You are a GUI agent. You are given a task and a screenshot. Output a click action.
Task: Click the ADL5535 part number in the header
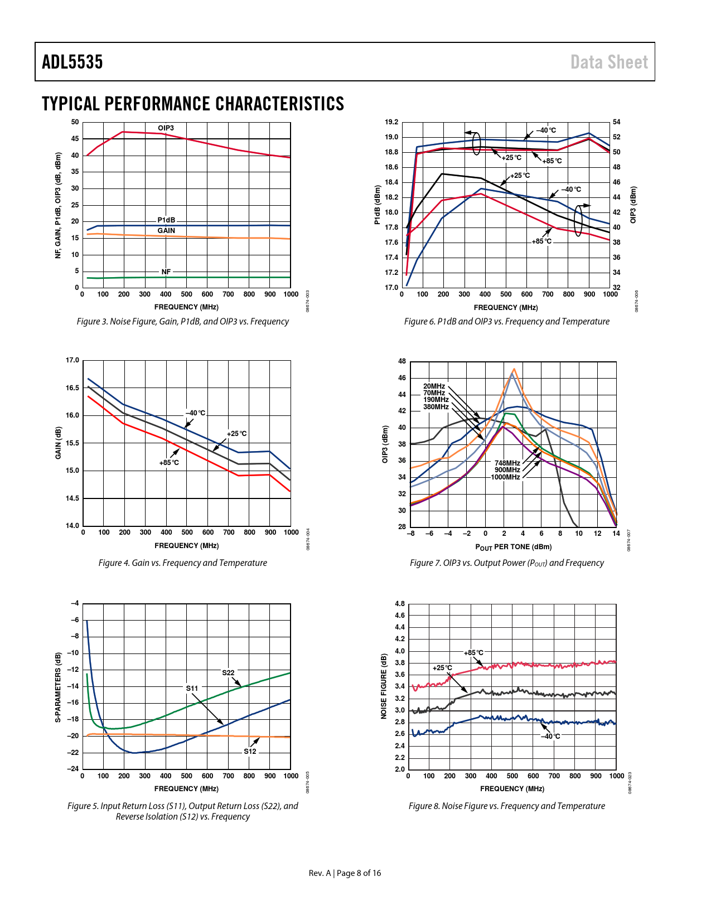pos(72,62)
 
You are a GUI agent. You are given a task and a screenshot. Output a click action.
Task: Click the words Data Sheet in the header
pos(609,62)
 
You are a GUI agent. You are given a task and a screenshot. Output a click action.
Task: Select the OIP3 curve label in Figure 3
pos(166,128)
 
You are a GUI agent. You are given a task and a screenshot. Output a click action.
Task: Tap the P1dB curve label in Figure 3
pos(166,220)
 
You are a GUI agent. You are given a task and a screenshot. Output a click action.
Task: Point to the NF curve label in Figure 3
pos(166,272)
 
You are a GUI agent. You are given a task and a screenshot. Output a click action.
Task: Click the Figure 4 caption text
pos(182,563)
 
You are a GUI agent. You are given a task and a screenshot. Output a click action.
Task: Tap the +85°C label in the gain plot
pos(169,462)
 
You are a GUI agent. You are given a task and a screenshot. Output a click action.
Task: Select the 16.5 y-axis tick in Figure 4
pos(72,388)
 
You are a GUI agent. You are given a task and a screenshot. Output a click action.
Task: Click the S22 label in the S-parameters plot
pos(228,672)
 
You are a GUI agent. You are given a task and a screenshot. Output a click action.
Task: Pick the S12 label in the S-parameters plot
pos(250,751)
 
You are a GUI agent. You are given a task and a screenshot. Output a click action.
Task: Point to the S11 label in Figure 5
pos(192,688)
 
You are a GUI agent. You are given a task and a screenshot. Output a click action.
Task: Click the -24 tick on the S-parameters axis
pos(73,768)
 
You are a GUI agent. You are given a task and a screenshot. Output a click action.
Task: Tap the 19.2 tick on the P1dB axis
pos(391,122)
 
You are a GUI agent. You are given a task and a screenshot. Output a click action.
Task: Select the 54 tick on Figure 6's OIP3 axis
pos(617,122)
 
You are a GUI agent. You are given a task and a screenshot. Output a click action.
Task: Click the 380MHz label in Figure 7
pos(436,407)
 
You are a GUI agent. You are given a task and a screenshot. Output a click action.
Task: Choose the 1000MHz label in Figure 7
pos(505,477)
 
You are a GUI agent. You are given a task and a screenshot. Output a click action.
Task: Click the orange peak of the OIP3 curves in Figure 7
pos(514,369)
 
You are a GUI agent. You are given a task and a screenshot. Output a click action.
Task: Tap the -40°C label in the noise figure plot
pos(550,736)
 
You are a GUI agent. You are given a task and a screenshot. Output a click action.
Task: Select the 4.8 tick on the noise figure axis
pos(400,604)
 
